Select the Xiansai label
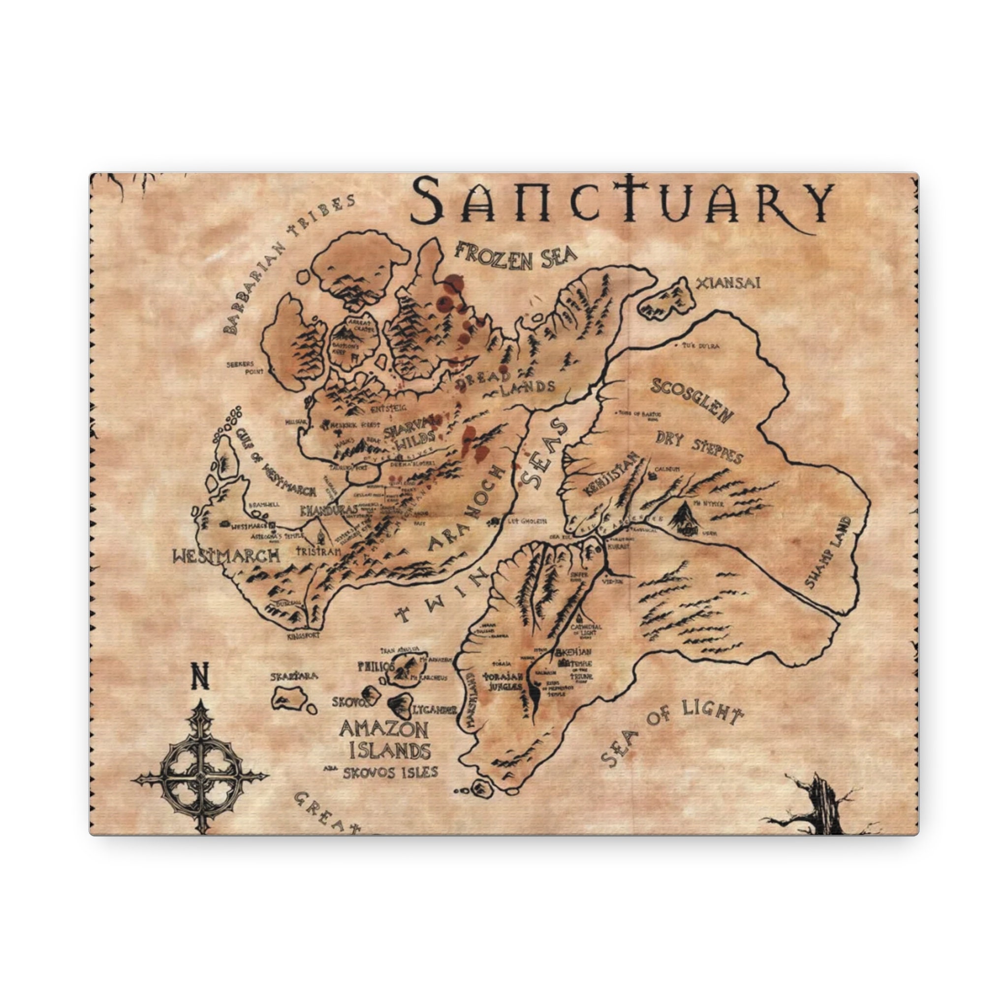pos(728,283)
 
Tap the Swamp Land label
pos(829,553)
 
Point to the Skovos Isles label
pos(390,773)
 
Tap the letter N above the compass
pos(200,676)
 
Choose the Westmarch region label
pos(226,556)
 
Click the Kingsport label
pos(303,636)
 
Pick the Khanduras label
pos(329,510)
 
